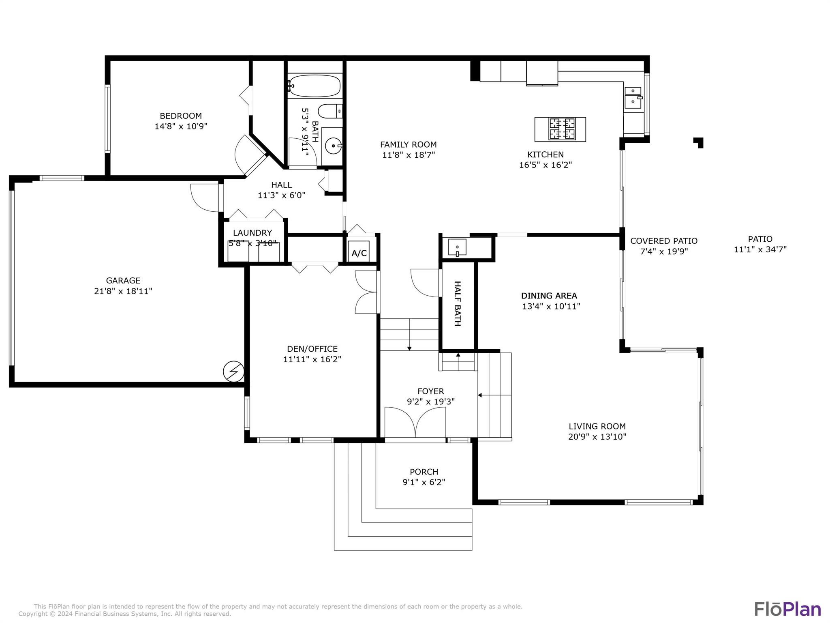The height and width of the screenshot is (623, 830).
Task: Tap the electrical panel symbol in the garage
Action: [x=234, y=372]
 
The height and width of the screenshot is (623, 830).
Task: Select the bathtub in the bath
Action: [x=315, y=86]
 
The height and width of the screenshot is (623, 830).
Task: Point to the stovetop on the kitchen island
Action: [x=562, y=129]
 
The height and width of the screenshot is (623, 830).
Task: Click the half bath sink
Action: [x=457, y=247]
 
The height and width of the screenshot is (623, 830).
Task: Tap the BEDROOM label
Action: [x=181, y=116]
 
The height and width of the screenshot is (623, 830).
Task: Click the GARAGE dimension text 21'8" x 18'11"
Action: [x=123, y=291]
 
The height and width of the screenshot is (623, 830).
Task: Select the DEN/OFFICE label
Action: [x=312, y=349]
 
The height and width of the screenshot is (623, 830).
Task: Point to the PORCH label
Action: [x=424, y=472]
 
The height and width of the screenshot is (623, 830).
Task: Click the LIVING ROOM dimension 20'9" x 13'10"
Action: [x=597, y=436]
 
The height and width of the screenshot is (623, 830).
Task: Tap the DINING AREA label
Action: [x=549, y=296]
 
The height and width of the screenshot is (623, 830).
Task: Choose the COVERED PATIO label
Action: [x=664, y=241]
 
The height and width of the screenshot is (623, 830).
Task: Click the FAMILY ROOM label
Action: [x=409, y=144]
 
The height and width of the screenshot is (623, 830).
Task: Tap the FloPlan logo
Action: [x=787, y=609]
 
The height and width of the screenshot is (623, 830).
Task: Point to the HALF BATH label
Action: [x=458, y=303]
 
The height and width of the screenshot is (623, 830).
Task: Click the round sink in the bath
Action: [x=334, y=145]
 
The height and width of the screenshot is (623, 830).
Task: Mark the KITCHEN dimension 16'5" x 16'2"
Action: [x=545, y=165]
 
